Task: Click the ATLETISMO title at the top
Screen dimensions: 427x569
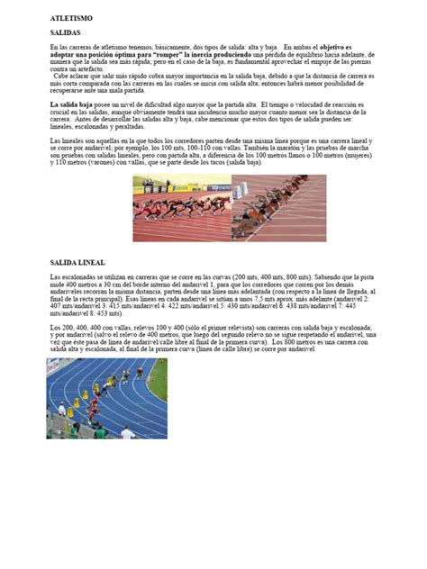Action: point(71,18)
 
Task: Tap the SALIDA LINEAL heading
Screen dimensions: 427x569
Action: point(77,261)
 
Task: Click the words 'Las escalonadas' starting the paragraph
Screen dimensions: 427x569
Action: point(70,275)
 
